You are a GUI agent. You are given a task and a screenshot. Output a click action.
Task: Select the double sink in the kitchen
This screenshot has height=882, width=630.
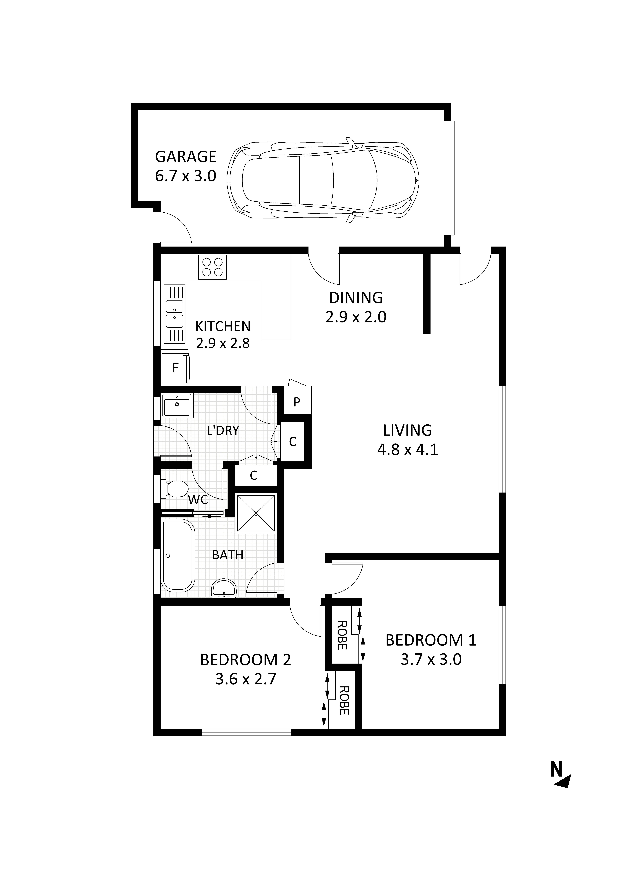pyautogui.click(x=175, y=314)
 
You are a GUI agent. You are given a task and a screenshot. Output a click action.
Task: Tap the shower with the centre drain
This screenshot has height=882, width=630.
pyautogui.click(x=256, y=513)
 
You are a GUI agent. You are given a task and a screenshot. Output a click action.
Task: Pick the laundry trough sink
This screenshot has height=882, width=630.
pyautogui.click(x=177, y=405)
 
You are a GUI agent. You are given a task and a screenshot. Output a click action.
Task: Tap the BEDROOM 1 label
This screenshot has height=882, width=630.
pyautogui.click(x=431, y=640)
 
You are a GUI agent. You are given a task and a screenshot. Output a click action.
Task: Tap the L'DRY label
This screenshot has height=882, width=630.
pyautogui.click(x=223, y=430)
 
